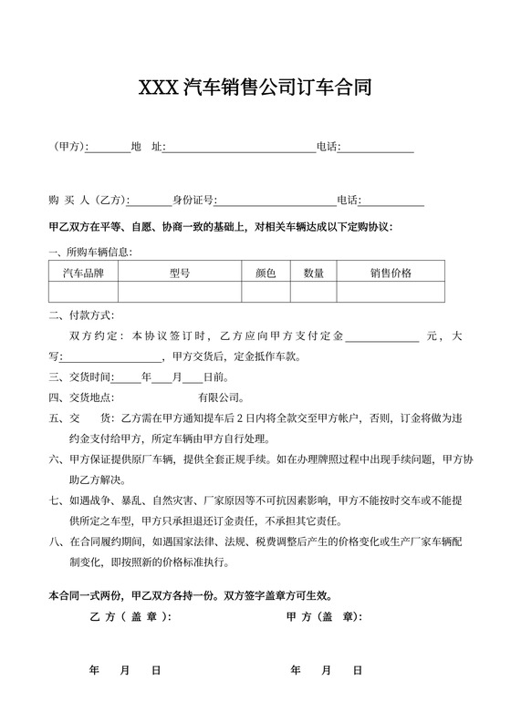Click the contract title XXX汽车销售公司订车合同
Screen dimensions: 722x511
tap(255, 88)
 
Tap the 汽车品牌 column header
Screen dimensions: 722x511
tap(83, 273)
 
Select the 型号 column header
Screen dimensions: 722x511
tap(180, 273)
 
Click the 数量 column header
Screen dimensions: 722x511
tap(315, 273)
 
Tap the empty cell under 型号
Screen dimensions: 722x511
tap(180, 292)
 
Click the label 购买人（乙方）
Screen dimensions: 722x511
tap(89, 201)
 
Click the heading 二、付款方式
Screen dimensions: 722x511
tap(81, 316)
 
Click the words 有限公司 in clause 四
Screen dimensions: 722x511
tap(220, 397)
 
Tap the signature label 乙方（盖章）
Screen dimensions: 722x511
tap(130, 617)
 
